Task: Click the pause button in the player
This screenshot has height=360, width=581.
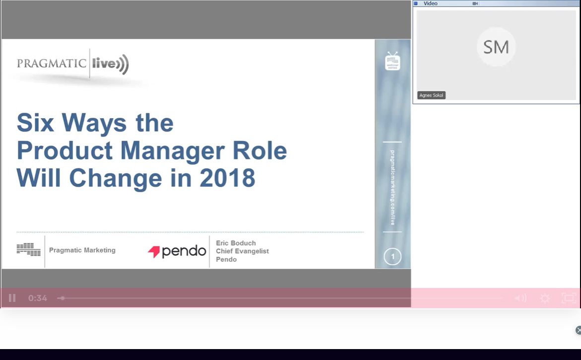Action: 12,298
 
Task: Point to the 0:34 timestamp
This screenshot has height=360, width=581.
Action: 38,298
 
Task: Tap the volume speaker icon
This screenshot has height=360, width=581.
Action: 520,298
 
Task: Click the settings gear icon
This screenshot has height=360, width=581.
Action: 545,298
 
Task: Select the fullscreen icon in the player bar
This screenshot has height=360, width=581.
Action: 569,298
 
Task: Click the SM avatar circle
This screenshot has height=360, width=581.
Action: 496,47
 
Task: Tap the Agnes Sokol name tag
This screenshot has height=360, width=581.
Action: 431,95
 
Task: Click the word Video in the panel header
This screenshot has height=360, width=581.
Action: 431,3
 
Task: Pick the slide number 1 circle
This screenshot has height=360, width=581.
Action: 392,257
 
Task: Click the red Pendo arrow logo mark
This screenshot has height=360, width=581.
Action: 154,252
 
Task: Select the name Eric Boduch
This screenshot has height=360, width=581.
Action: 236,243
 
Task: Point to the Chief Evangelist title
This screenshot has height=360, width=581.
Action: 242,251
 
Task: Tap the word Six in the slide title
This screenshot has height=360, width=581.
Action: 35,123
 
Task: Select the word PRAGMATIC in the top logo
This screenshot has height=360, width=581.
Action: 52,64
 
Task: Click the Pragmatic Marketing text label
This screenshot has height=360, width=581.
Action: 82,250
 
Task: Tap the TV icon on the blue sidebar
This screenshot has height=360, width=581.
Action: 392,61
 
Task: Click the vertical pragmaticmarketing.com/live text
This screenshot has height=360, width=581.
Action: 392,188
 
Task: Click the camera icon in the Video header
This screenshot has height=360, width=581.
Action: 475,3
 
